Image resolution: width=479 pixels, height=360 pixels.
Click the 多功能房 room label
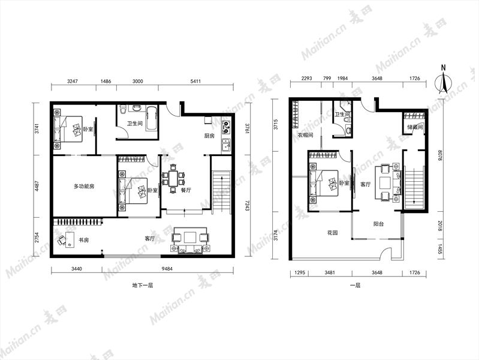[84, 186]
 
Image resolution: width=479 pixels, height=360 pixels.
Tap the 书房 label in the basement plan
[84, 240]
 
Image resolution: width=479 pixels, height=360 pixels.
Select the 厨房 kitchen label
[209, 136]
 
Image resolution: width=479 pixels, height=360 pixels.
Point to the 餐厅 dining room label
[186, 190]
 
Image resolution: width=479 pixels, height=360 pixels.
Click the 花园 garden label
[332, 233]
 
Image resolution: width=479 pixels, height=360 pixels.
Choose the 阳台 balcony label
[378, 224]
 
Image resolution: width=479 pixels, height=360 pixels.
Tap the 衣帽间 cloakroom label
[306, 135]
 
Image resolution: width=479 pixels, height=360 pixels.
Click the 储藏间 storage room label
[415, 127]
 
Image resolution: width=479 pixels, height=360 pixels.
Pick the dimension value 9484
[167, 269]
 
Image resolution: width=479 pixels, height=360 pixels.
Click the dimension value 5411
[195, 81]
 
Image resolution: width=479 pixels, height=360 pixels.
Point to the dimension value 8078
[439, 155]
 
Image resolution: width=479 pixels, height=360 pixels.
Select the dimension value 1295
[299, 272]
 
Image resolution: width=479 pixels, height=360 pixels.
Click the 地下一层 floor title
[142, 286]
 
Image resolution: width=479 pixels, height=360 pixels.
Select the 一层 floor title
[356, 286]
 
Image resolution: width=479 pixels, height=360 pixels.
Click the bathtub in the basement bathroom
[152, 118]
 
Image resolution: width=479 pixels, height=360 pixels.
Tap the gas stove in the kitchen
[227, 128]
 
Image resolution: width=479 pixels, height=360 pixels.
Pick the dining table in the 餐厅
[173, 179]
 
